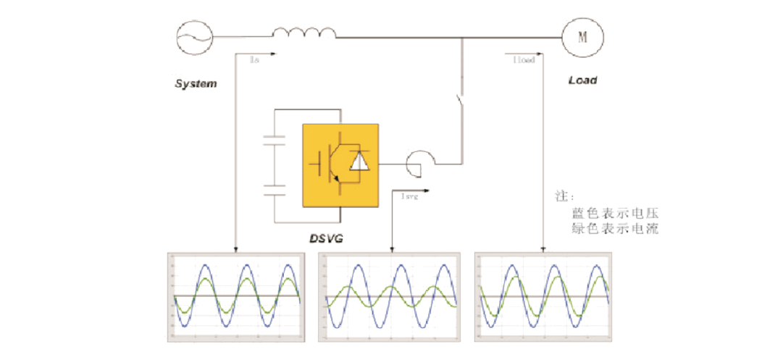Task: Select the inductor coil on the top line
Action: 304,32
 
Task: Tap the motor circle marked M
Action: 581,36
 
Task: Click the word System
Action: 196,84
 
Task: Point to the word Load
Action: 582,80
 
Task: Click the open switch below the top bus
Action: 458,106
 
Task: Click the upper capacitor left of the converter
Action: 275,139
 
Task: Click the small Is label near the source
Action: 254,62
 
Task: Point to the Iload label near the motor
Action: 523,60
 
